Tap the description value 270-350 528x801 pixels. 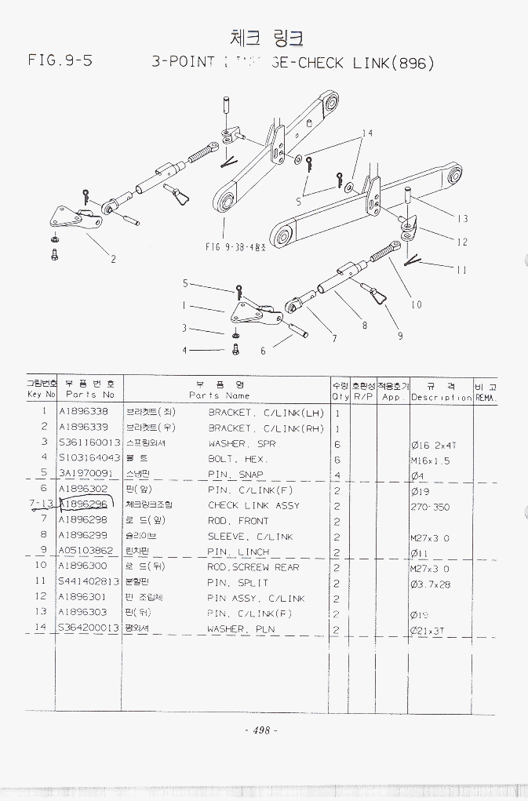pos(430,507)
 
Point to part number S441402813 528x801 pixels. pos(89,582)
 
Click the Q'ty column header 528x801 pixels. pos(339,391)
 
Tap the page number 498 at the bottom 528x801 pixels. pos(261,730)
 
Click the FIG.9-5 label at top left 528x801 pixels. pos(60,60)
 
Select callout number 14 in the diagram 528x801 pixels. pos(366,133)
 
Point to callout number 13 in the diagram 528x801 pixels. pos(462,219)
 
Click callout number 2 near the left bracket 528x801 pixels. pos(113,259)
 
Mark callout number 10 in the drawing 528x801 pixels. pos(416,304)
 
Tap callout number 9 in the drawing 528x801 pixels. pos(400,336)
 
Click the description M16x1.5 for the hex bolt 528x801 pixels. pos(430,461)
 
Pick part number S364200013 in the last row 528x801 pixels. pos(89,628)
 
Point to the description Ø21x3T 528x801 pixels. pos(428,630)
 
